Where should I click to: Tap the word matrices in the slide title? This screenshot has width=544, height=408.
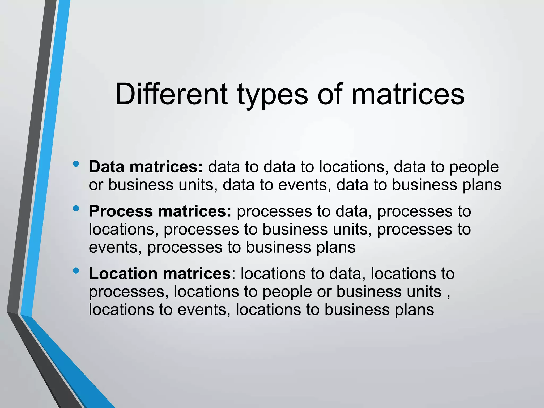click(x=408, y=94)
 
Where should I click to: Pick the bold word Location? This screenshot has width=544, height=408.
click(x=123, y=274)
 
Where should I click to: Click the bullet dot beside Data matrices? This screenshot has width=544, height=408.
click(x=76, y=164)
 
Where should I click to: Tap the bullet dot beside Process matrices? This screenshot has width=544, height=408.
click(x=76, y=209)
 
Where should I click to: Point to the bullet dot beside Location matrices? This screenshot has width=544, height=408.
click(x=76, y=271)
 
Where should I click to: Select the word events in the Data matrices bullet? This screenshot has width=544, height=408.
click(x=303, y=185)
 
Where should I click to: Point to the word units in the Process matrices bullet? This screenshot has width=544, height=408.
click(x=352, y=229)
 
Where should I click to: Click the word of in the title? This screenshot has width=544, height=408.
click(x=330, y=94)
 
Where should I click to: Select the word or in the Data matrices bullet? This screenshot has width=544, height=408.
click(x=96, y=185)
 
